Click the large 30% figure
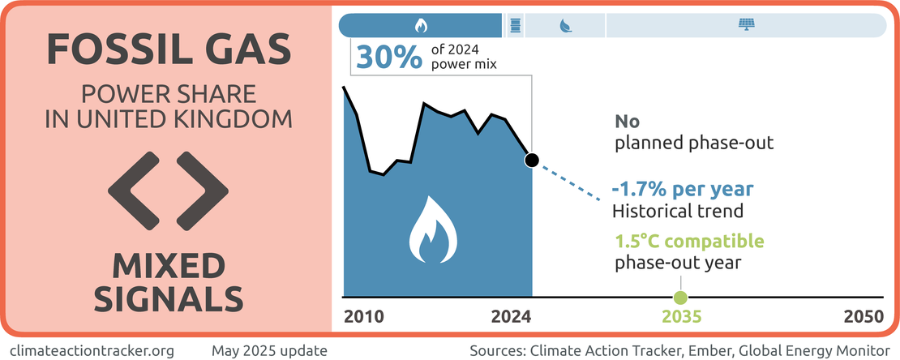389,57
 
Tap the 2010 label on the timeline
363,317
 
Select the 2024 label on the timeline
512,317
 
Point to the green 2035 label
682,317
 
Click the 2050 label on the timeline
863,317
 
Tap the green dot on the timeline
681,298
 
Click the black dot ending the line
532,161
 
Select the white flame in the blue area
433,229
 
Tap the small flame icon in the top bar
421,26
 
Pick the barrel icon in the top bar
516,26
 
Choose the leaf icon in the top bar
565,26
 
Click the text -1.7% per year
683,189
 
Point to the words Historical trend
678,211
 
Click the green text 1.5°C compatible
689,241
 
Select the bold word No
627,121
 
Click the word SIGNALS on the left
168,299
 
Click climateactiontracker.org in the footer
92,349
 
